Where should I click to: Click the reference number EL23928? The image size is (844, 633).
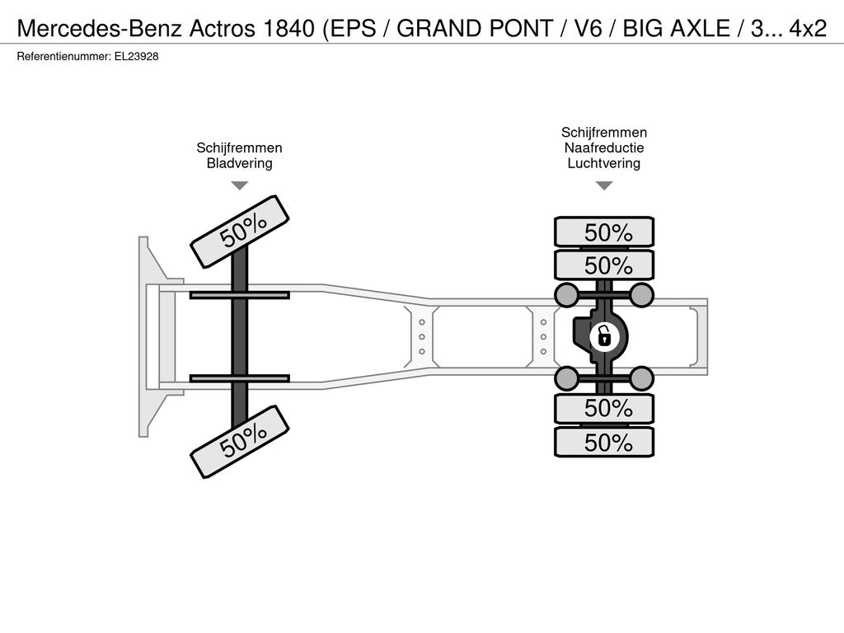click(136, 57)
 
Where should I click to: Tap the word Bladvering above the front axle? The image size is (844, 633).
click(240, 163)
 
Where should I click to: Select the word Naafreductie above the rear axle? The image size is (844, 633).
click(604, 148)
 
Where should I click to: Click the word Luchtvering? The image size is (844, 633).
click(604, 163)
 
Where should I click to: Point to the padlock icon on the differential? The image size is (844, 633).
click(604, 337)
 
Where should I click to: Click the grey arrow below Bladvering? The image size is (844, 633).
click(240, 185)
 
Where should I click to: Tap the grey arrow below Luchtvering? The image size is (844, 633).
click(604, 185)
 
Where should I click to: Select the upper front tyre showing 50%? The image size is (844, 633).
click(240, 229)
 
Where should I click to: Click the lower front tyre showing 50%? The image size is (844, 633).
click(240, 442)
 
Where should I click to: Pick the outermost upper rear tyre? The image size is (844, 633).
click(604, 232)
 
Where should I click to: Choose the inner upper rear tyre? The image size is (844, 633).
click(604, 265)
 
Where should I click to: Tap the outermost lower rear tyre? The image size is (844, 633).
click(604, 443)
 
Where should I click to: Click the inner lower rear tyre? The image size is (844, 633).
click(604, 409)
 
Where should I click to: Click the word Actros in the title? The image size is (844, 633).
click(222, 29)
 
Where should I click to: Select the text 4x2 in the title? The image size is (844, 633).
click(808, 29)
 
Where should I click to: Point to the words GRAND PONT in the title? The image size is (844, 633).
click(475, 29)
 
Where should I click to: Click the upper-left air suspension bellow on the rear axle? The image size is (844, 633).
click(567, 295)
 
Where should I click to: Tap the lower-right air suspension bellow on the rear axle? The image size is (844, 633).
click(641, 378)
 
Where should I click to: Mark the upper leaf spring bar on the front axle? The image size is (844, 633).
click(240, 295)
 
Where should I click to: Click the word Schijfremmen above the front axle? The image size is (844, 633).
click(240, 148)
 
